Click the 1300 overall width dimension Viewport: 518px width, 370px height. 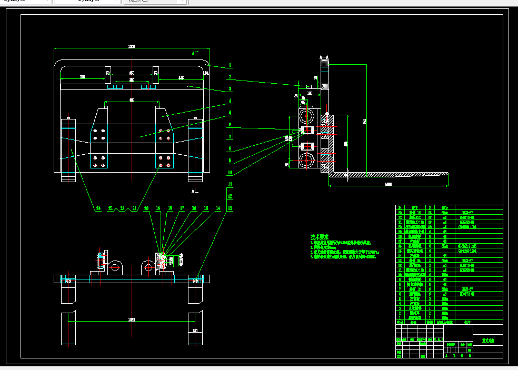[132, 47]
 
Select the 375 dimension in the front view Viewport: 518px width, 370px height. [83, 77]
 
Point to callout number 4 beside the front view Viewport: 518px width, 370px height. [230, 101]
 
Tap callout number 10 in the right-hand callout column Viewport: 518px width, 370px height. [230, 172]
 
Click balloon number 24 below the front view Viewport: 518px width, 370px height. [98, 208]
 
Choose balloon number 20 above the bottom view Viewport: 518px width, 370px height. [146, 208]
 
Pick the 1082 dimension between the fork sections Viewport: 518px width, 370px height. [132, 319]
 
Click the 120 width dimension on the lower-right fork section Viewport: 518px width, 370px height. [196, 331]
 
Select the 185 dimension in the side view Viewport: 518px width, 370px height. [310, 93]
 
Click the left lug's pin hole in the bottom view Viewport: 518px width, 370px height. [115, 267]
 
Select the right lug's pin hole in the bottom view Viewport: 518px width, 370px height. [148, 267]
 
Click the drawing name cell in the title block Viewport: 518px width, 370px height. [487, 341]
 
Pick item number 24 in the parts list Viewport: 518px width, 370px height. [400, 208]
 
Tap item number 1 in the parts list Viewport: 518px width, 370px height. [400, 317]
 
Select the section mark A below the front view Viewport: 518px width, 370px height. [193, 190]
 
